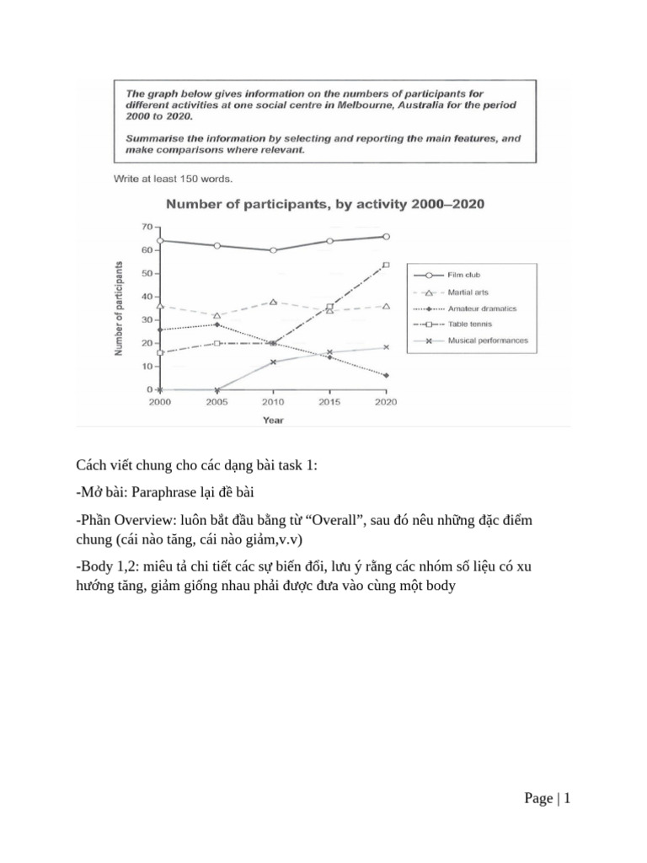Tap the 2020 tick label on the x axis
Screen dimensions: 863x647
[x=386, y=402]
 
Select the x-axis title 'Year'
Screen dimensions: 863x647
[x=272, y=419]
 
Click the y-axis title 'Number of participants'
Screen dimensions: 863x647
[x=119, y=308]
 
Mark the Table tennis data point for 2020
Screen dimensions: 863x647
[x=386, y=265]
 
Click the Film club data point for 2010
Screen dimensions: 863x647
[x=273, y=250]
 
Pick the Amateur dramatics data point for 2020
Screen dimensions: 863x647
[x=386, y=376]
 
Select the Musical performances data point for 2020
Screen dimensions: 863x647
[x=386, y=347]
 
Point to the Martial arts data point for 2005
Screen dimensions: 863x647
[x=217, y=316]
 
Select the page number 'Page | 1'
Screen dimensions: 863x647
[x=547, y=799]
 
